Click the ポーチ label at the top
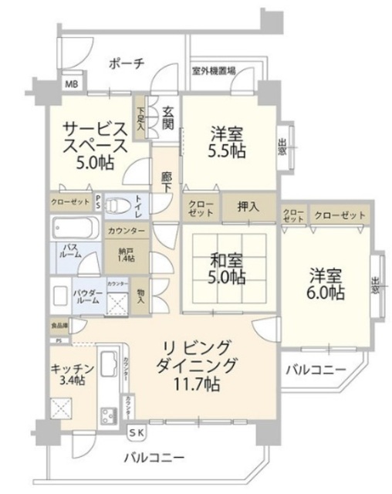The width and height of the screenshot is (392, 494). pyautogui.click(x=126, y=64)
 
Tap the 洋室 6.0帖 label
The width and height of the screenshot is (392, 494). pyautogui.click(x=328, y=283)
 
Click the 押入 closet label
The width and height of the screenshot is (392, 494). pyautogui.click(x=248, y=206)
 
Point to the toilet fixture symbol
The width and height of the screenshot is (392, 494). pyautogui.click(x=117, y=206)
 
